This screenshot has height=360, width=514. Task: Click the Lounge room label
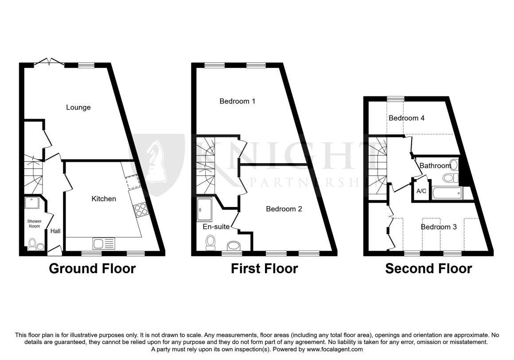pos(78,107)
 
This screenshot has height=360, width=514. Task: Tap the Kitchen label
pos(104,199)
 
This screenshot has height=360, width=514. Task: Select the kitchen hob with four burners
pos(141,210)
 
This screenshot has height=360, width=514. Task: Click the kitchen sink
pos(104,243)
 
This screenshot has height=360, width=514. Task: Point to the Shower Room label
pos(35,223)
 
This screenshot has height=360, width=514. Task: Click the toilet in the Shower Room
pos(32,244)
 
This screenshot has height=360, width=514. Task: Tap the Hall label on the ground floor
pos(55,231)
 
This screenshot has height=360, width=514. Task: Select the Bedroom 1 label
pos(238,102)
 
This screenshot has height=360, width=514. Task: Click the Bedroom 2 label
pos(284,209)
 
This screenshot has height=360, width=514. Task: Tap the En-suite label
pos(216,227)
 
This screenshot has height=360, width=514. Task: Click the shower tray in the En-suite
pos(205,210)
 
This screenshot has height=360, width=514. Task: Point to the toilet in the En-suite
pos(210,243)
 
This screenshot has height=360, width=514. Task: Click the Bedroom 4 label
pos(406,118)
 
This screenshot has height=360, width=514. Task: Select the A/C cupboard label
pos(421,191)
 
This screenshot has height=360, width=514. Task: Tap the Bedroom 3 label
pos(439,227)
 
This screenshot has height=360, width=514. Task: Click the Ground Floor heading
pos(92,269)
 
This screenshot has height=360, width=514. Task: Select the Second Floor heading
pos(428,269)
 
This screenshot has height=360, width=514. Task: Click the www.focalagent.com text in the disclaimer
pos(335,349)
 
